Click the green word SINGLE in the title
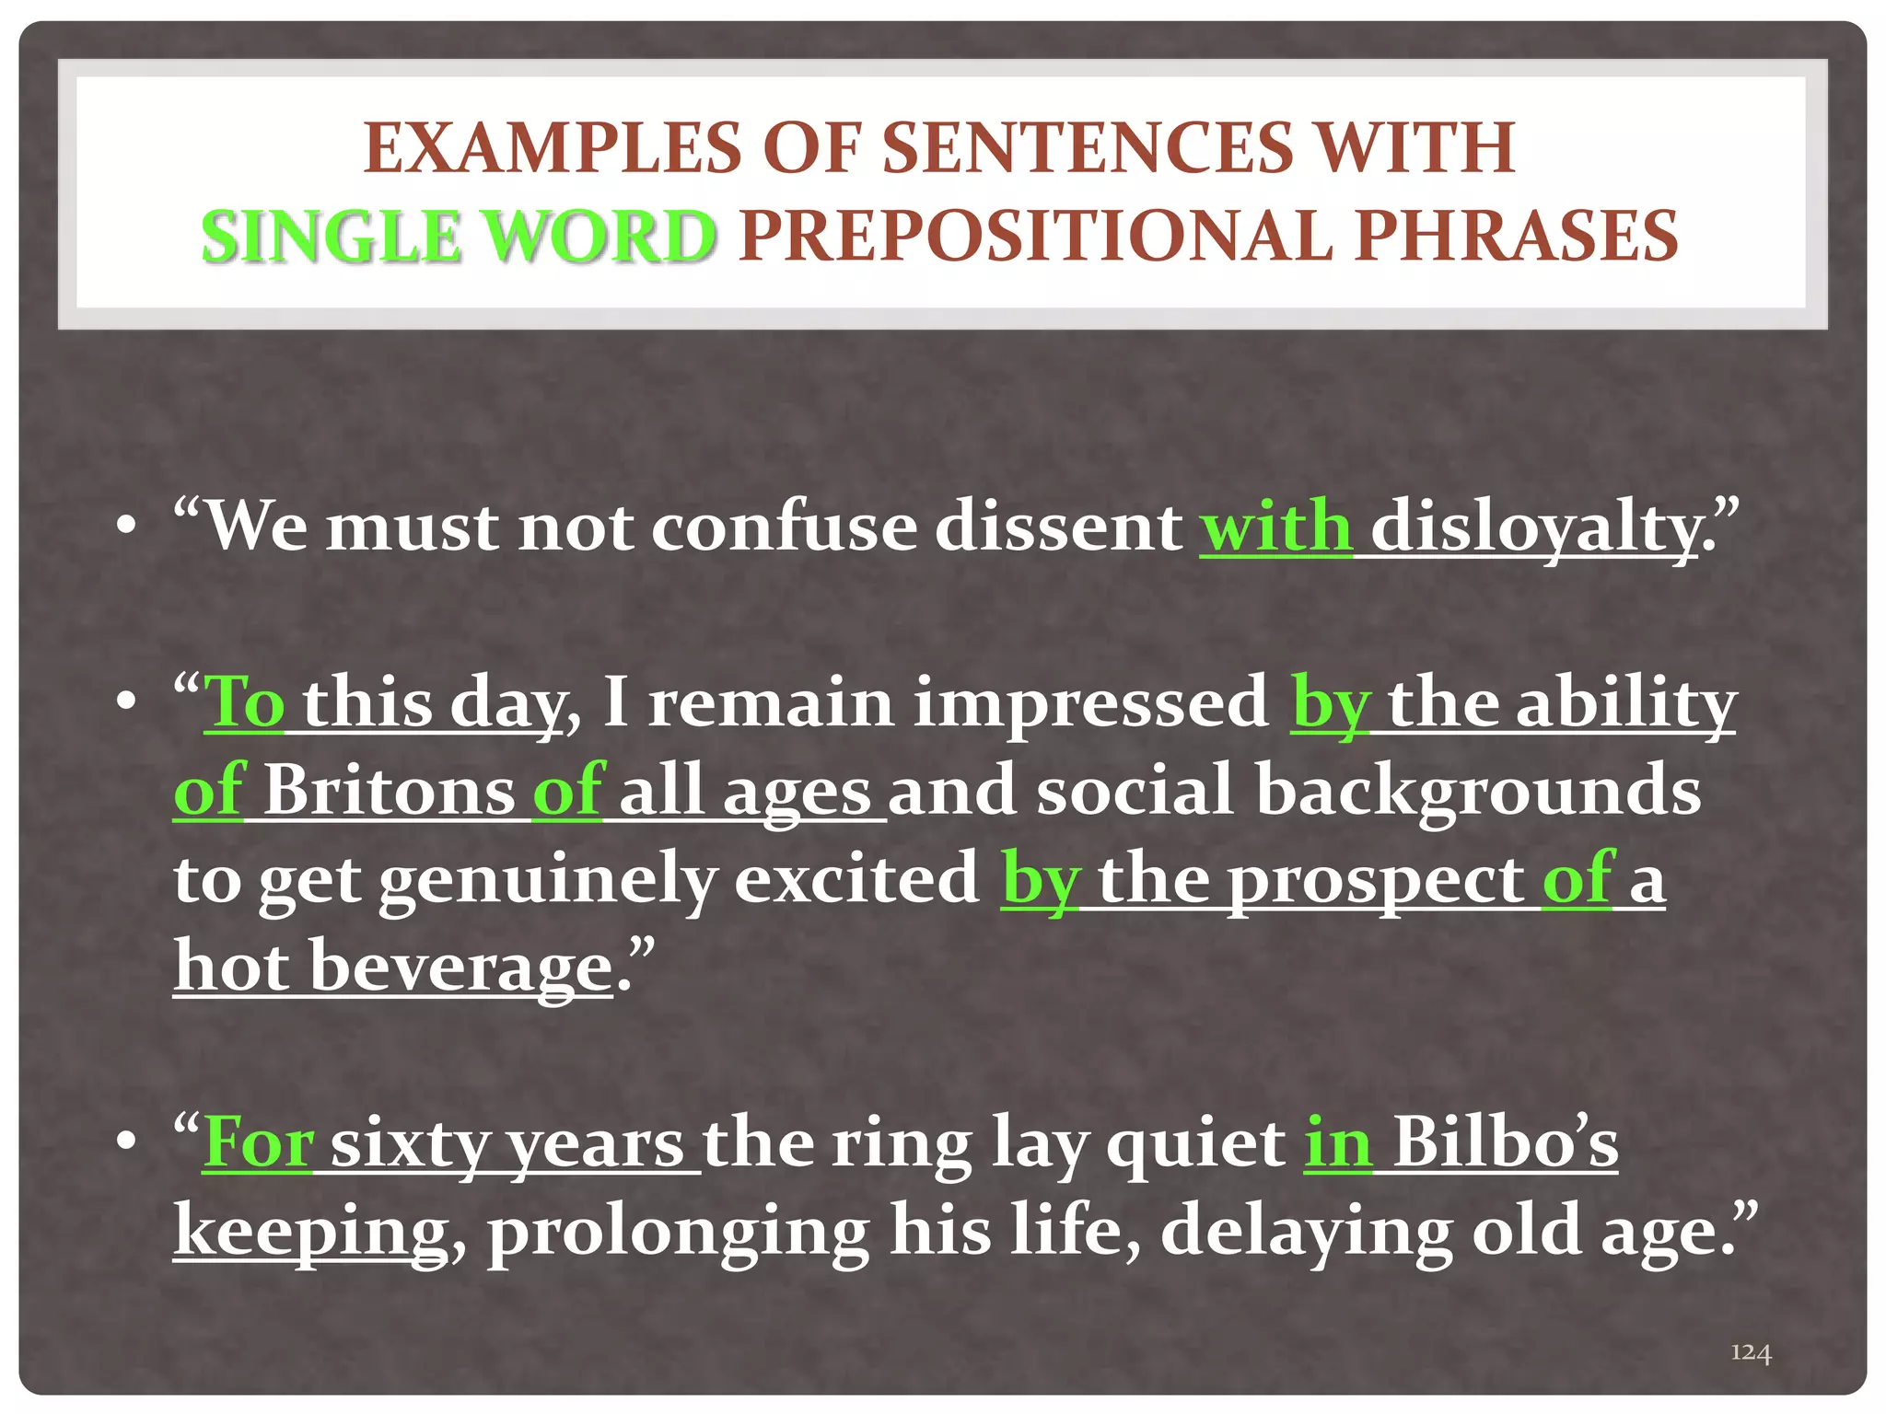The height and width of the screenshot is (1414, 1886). (x=330, y=237)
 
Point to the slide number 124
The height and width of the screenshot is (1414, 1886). (x=1751, y=1351)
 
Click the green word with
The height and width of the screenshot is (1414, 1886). (x=1275, y=527)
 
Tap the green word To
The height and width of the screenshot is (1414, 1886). (x=243, y=702)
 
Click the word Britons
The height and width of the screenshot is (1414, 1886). (x=390, y=790)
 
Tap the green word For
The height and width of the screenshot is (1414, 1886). (x=258, y=1143)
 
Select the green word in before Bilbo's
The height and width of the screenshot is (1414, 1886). (x=1337, y=1143)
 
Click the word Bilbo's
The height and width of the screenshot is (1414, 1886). (x=1505, y=1143)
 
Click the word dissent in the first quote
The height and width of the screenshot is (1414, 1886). (x=1059, y=527)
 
